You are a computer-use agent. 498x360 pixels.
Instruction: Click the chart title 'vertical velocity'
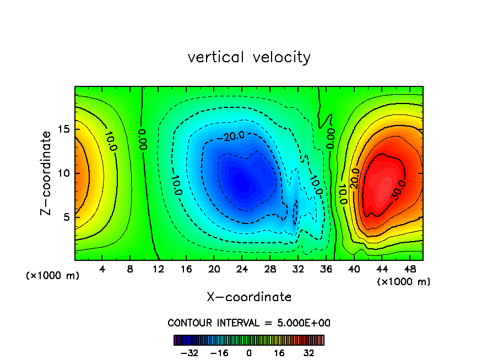tap(249, 57)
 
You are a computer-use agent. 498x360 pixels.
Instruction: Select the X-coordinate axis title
tap(249, 297)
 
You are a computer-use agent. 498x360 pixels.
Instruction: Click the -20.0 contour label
tap(230, 135)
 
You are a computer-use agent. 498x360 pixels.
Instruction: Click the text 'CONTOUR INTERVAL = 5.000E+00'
tap(249, 323)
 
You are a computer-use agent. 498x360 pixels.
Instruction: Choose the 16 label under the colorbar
tap(279, 353)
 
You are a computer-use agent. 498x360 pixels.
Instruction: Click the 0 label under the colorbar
tap(249, 353)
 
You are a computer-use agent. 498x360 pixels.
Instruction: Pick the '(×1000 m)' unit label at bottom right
tap(404, 282)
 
